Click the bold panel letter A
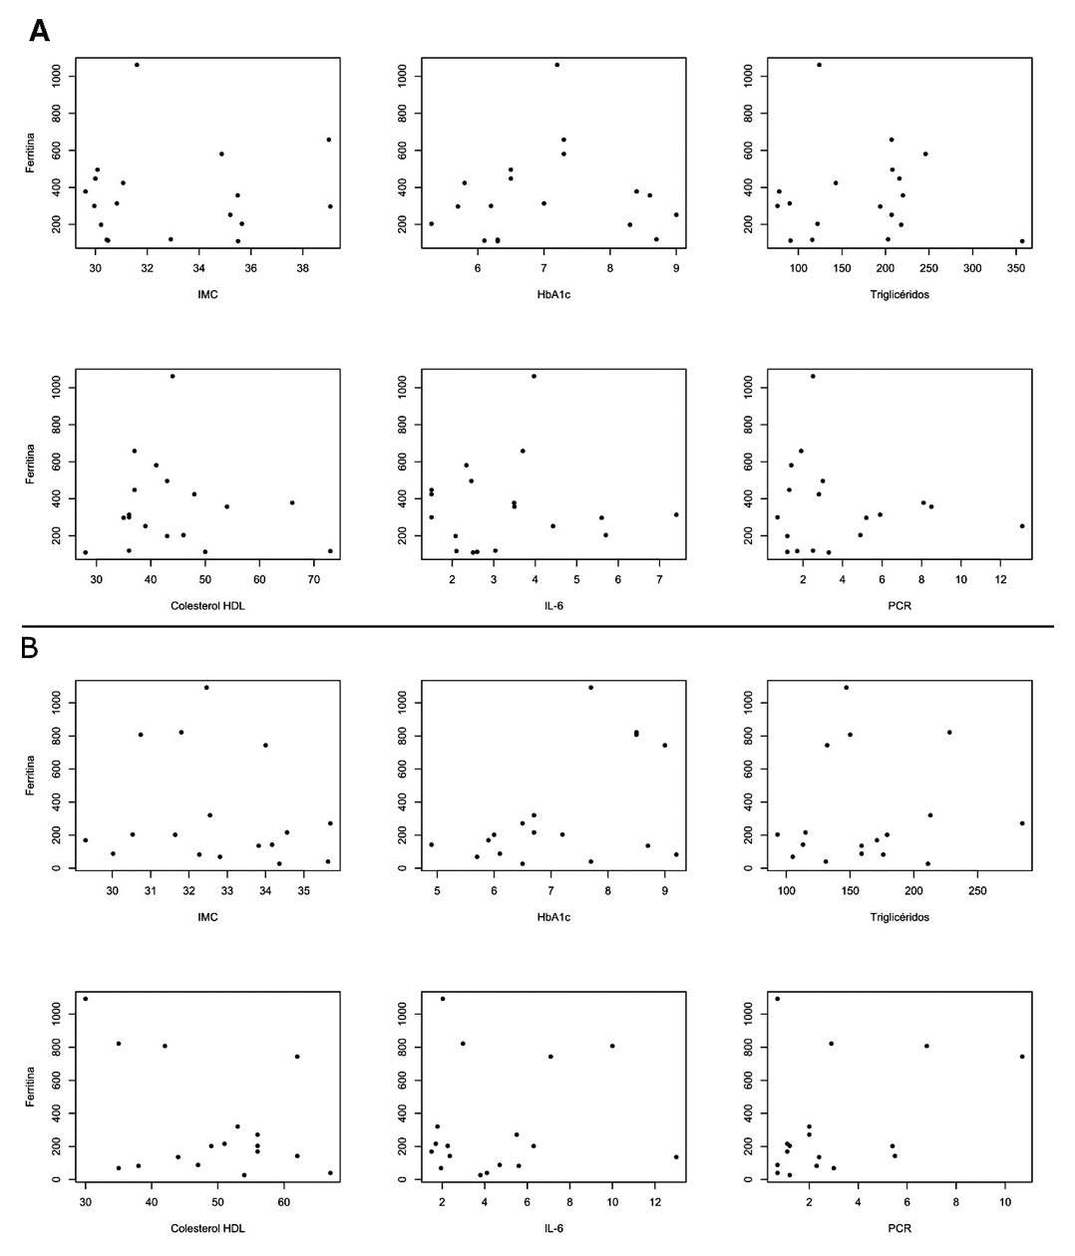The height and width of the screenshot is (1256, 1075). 39,31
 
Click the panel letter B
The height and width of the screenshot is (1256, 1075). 31,648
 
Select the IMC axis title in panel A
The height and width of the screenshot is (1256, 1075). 207,294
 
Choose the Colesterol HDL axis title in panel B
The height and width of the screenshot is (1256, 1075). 207,1228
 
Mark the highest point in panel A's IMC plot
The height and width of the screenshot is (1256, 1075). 137,65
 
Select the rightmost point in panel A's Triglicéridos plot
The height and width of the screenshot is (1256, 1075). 1021,241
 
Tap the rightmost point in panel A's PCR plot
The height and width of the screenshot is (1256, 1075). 1021,526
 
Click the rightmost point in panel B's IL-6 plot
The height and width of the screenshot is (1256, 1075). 676,1156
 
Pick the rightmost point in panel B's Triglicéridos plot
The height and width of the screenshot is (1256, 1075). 1021,823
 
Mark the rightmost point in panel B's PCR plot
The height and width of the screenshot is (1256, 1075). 1021,1057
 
